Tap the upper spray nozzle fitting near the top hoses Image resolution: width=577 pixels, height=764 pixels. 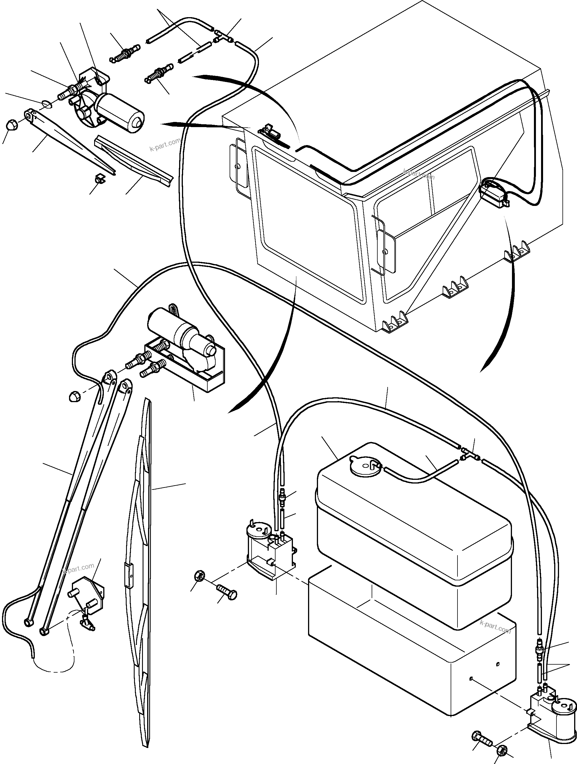125,53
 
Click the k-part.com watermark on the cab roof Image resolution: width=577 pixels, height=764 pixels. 418,174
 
